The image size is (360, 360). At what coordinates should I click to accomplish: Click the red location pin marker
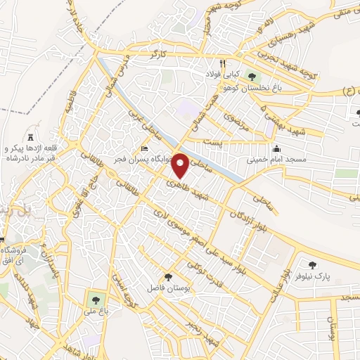[181, 166]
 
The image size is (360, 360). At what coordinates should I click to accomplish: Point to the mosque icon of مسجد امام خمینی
[276, 149]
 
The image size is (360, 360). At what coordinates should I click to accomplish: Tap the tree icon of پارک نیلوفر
[312, 265]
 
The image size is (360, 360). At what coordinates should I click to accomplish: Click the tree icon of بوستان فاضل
[167, 276]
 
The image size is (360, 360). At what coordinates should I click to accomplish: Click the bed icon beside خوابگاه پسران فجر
[145, 148]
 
